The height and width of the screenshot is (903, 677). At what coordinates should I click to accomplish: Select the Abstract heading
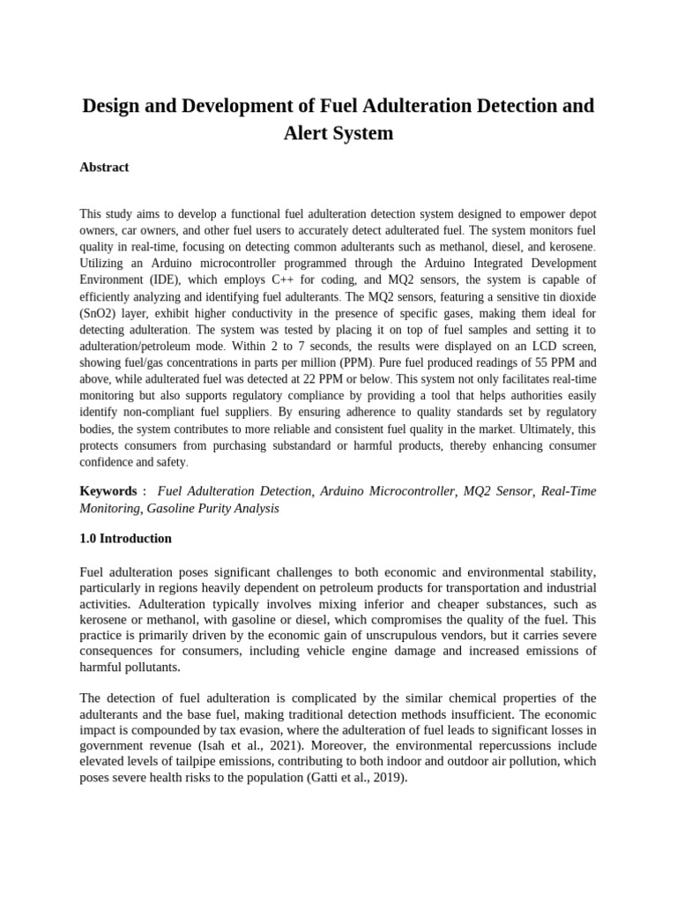(104, 168)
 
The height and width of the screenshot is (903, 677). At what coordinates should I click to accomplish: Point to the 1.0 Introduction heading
(125, 539)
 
